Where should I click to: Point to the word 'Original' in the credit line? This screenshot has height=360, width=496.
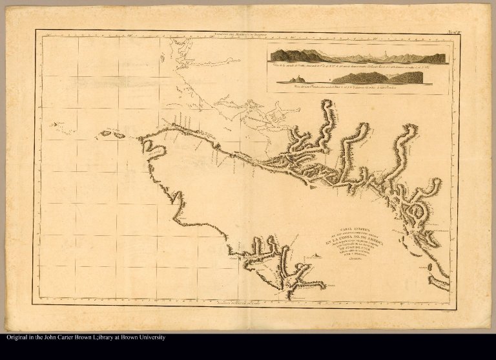19,338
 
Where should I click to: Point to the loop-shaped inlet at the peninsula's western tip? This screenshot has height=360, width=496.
153,147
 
